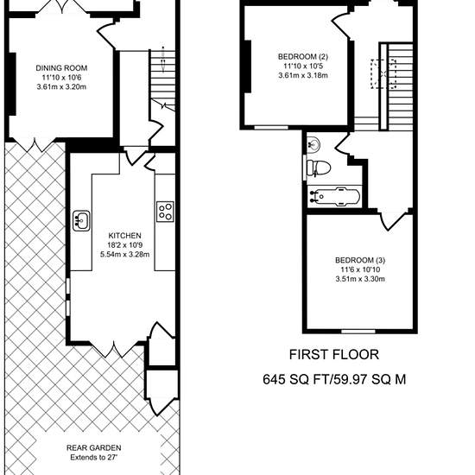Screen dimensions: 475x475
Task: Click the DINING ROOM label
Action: click(x=61, y=68)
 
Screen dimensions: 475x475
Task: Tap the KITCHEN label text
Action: click(x=125, y=236)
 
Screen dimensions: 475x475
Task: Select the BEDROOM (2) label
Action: click(x=303, y=57)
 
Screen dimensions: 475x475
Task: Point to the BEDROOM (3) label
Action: click(x=360, y=260)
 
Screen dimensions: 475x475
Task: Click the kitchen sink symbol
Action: click(x=81, y=221)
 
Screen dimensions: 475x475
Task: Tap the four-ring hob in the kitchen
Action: click(x=166, y=212)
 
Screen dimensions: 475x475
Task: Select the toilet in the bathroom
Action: click(x=319, y=168)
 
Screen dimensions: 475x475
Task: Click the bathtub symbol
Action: click(x=334, y=196)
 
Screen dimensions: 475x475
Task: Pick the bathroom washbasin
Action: click(x=313, y=144)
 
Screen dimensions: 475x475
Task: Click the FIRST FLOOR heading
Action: click(x=334, y=354)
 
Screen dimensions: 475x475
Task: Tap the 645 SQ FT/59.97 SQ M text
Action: click(x=334, y=379)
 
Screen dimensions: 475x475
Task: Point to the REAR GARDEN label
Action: click(x=94, y=447)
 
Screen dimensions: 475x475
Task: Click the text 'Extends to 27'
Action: click(x=93, y=458)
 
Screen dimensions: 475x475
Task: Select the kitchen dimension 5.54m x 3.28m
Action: click(x=125, y=255)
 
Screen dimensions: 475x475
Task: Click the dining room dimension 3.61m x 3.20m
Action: click(x=61, y=87)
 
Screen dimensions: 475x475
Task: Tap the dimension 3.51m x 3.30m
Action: click(x=360, y=279)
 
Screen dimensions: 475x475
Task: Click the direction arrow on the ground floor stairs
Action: click(x=163, y=60)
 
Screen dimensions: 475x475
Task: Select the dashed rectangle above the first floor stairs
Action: click(x=383, y=74)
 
